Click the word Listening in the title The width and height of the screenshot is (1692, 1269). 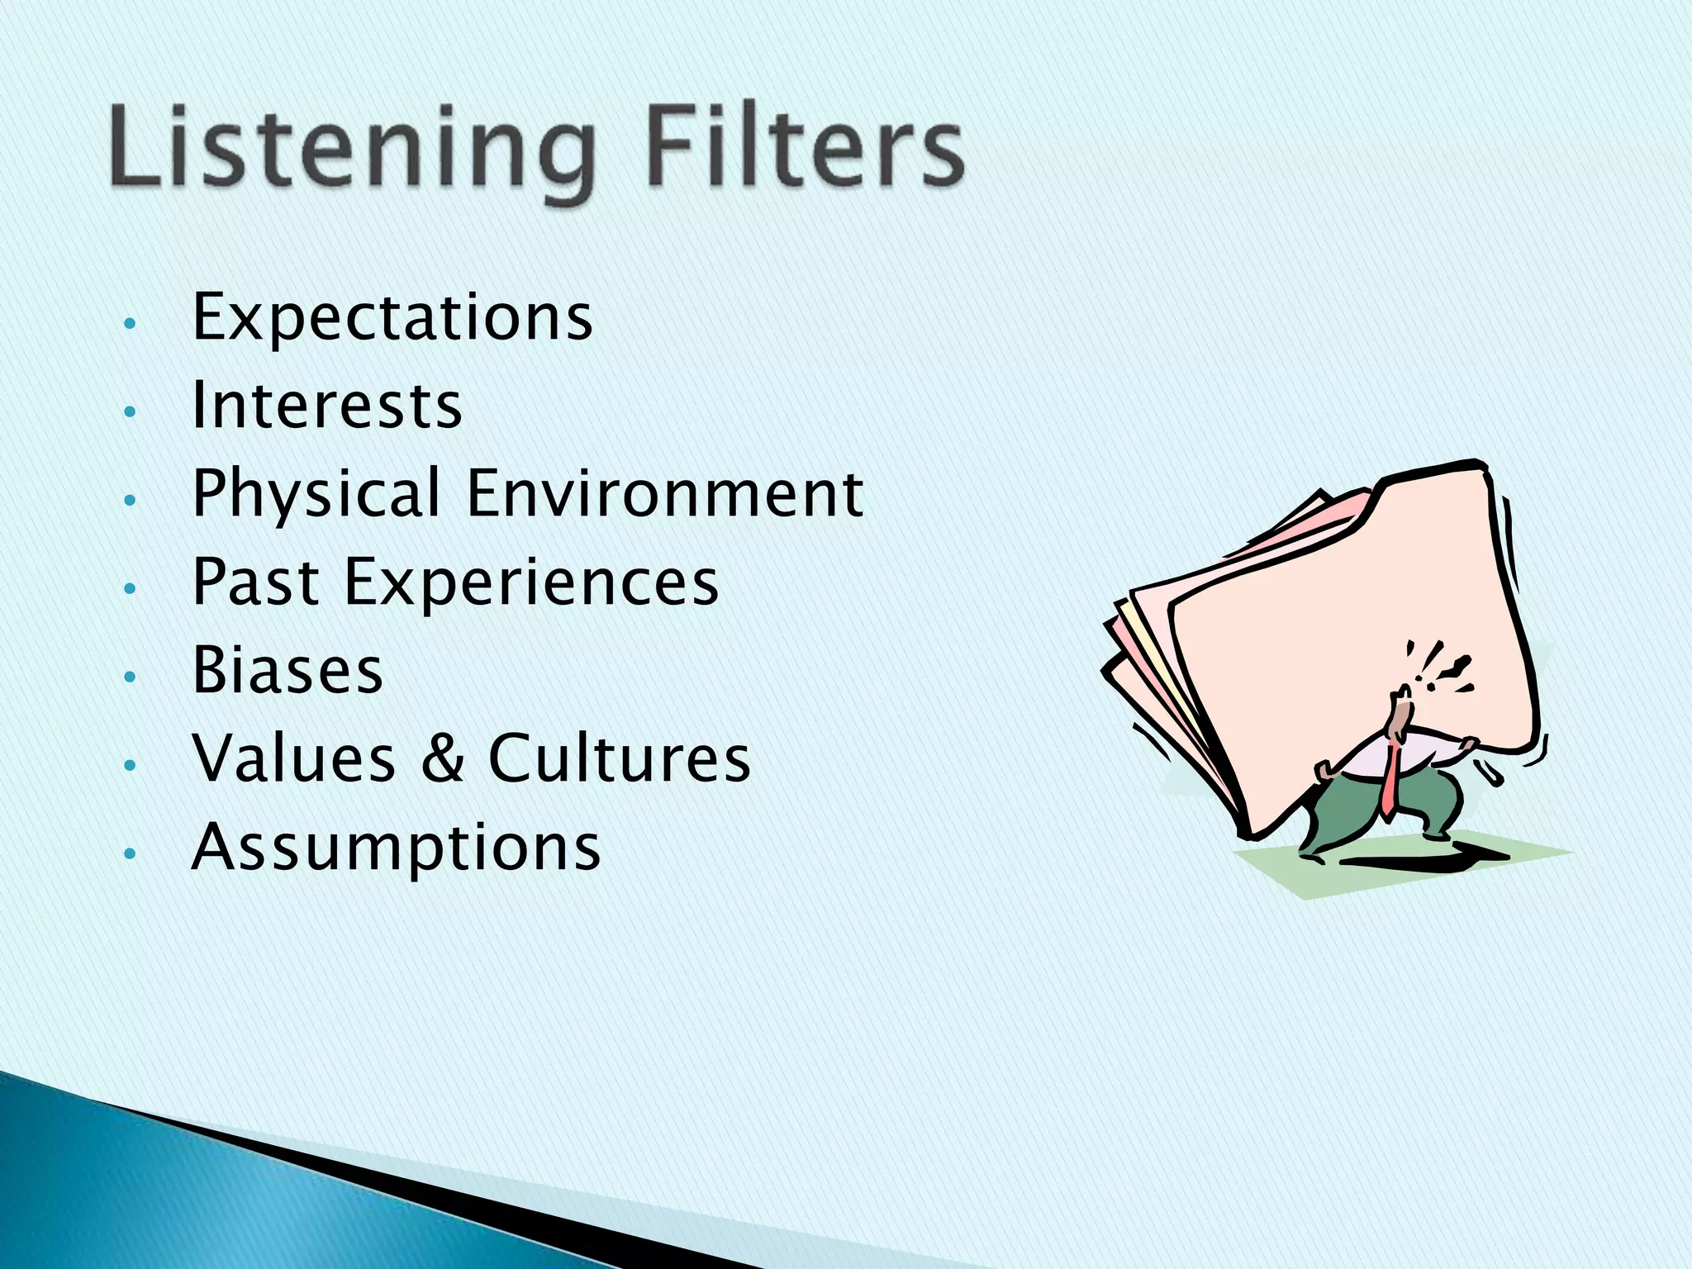pyautogui.click(x=351, y=149)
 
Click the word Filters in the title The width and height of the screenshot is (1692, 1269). pyautogui.click(x=806, y=149)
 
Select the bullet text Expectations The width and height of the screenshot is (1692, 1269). pyautogui.click(x=392, y=318)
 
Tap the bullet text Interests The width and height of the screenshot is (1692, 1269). pyautogui.click(x=326, y=406)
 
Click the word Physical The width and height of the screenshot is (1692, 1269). pyautogui.click(x=316, y=494)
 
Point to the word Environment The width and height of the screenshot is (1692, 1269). pyautogui.click(x=665, y=494)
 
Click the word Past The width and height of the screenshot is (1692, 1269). pyautogui.click(x=256, y=582)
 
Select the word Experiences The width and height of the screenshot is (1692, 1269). pyautogui.click(x=531, y=582)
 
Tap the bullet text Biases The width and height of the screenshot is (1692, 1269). pyautogui.click(x=288, y=671)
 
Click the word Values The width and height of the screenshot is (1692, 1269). pyautogui.click(x=293, y=758)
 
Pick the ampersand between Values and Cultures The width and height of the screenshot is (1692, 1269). pyautogui.click(x=443, y=758)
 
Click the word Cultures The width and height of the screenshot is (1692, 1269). pyautogui.click(x=620, y=758)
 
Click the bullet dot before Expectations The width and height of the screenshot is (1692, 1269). pyautogui.click(x=128, y=323)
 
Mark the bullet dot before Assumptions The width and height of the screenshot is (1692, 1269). pyautogui.click(x=128, y=853)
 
